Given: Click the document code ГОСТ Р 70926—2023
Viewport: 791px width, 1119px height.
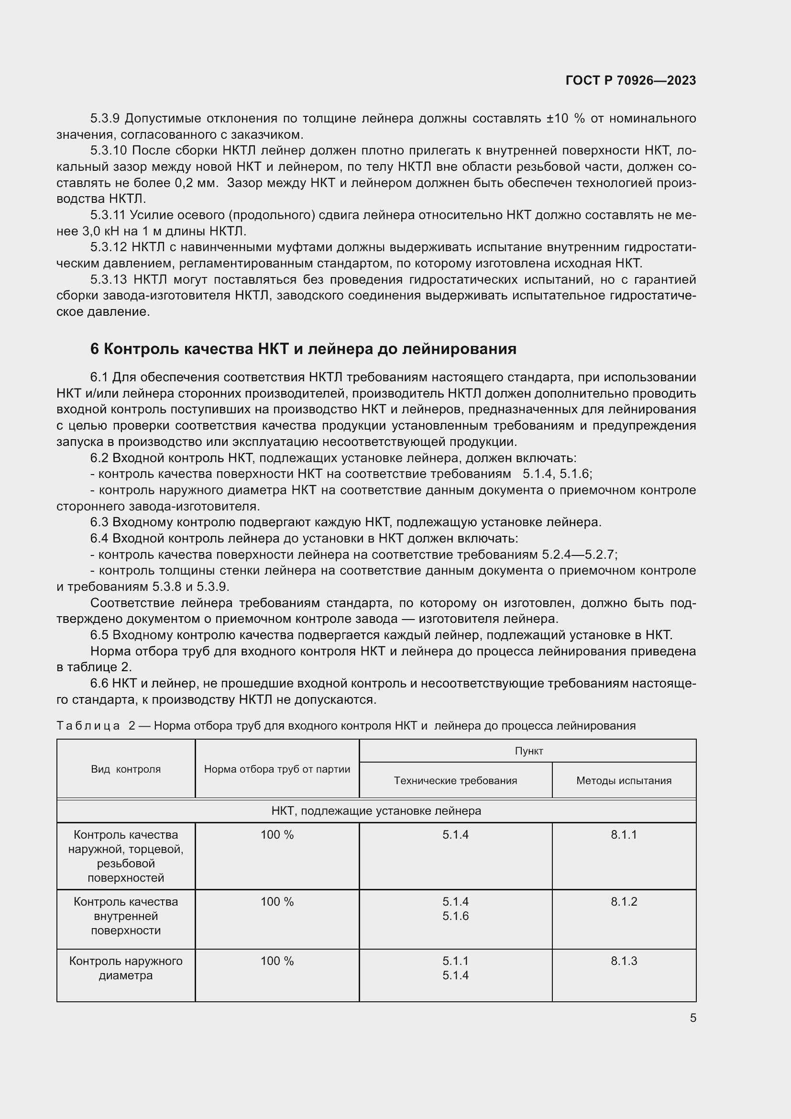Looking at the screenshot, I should pyautogui.click(x=630, y=81).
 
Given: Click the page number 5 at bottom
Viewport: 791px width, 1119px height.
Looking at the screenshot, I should pyautogui.click(x=692, y=1018).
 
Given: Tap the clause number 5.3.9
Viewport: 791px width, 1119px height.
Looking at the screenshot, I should pyautogui.click(x=105, y=119).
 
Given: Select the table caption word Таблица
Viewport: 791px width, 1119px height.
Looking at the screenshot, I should pyautogui.click(x=88, y=726).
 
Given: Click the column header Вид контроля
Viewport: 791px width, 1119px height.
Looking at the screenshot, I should pyautogui.click(x=126, y=769).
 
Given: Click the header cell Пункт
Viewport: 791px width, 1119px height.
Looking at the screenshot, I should pyautogui.click(x=528, y=751).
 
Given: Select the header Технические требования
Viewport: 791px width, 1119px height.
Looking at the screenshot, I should pyautogui.click(x=455, y=781).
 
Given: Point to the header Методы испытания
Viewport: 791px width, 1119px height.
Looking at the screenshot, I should pyautogui.click(x=624, y=781).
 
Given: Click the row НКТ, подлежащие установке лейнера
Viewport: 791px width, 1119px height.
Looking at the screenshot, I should pyautogui.click(x=376, y=811).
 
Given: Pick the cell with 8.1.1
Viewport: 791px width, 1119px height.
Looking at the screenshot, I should pyautogui.click(x=624, y=835).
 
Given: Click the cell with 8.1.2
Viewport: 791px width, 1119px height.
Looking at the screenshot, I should pyautogui.click(x=624, y=902).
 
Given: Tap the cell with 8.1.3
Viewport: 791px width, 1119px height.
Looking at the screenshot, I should pyautogui.click(x=624, y=961).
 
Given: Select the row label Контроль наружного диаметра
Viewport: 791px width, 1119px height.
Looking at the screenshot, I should pyautogui.click(x=126, y=968).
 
